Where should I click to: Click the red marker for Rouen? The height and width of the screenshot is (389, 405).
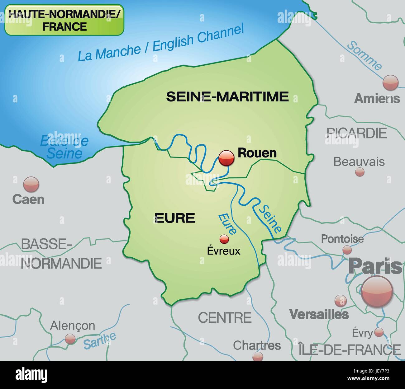(x=226, y=158)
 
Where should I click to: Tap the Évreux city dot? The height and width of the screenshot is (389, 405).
(x=224, y=239)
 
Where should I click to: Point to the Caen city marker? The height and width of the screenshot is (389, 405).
(x=31, y=184)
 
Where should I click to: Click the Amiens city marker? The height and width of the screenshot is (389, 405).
(x=390, y=83)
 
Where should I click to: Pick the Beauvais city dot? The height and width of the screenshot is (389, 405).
(x=360, y=172)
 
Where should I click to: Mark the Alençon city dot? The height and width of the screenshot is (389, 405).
(x=70, y=339)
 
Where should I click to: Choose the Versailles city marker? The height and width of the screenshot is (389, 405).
(x=341, y=301)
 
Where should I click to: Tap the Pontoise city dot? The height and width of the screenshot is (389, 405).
(x=347, y=250)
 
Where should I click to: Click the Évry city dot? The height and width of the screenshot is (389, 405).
(x=379, y=332)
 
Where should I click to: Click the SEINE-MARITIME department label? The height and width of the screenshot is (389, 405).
(x=227, y=96)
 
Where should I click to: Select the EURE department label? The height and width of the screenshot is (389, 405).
(x=174, y=218)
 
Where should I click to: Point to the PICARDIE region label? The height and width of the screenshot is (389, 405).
(x=357, y=133)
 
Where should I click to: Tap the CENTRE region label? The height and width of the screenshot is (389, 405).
(x=225, y=318)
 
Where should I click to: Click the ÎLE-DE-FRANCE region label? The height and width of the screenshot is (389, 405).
(x=349, y=349)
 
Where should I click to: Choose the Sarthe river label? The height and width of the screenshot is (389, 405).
(x=100, y=340)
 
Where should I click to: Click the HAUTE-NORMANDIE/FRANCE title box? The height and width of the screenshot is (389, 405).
(x=64, y=20)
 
